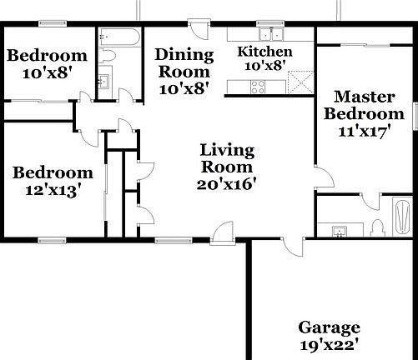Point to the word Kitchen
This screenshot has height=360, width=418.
pos(265,52)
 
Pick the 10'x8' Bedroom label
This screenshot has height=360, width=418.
pos(47,56)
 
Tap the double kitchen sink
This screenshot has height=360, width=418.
pos(269,33)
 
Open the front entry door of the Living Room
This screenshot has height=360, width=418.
pos(223,231)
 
